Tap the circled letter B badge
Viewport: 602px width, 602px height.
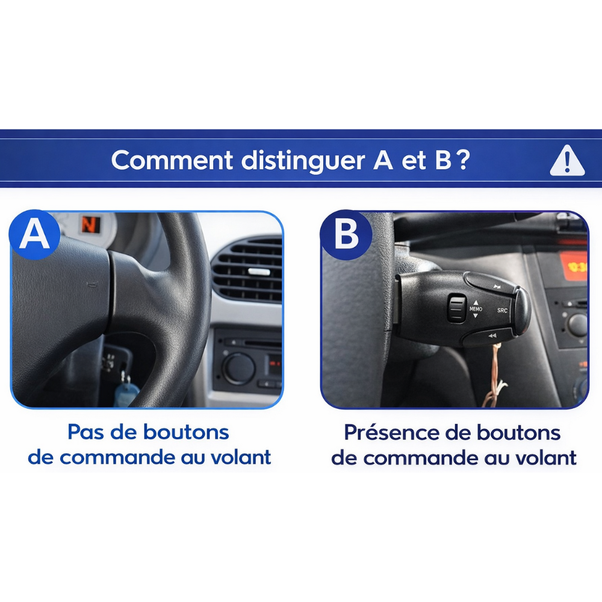pos(346,235)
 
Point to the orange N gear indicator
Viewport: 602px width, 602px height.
pos(89,225)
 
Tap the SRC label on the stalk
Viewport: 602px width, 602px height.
pos(502,310)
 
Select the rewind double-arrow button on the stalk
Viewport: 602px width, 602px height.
pos(492,335)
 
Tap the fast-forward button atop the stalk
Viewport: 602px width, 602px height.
pos(497,287)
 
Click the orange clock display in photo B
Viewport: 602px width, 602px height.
pos(574,265)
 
